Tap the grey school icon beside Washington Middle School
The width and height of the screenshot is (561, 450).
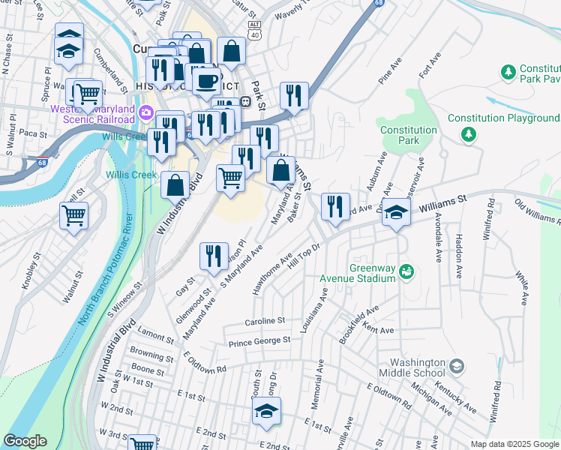pyautogui.click(x=456, y=367)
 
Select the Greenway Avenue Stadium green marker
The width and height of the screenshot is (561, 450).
pyautogui.click(x=406, y=270)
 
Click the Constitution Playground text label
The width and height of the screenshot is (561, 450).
pyautogui.click(x=503, y=118)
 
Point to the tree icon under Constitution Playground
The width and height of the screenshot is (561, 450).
pyautogui.click(x=469, y=134)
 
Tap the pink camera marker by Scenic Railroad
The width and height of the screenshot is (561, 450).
pyautogui.click(x=146, y=113)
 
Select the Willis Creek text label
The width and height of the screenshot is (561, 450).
pyautogui.click(x=131, y=175)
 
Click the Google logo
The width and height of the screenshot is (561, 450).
pyautogui.click(x=25, y=441)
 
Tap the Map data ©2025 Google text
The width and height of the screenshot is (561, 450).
pyautogui.click(x=514, y=444)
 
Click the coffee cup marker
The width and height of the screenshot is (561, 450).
pyautogui.click(x=206, y=80)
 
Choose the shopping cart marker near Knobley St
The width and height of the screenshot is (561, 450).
pyautogui.click(x=73, y=215)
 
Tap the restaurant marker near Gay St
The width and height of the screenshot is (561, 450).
pyautogui.click(x=214, y=256)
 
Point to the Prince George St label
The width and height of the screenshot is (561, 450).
pyautogui.click(x=259, y=341)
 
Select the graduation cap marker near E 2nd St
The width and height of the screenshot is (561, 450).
pyautogui.click(x=265, y=412)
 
